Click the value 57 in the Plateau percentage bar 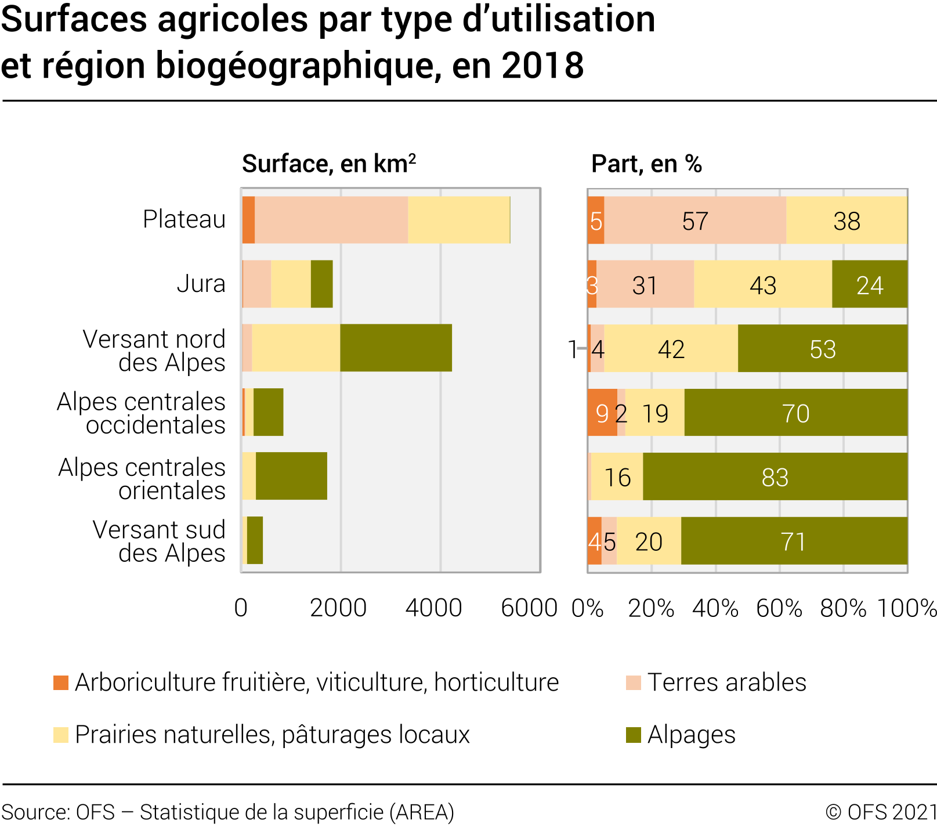point(694,221)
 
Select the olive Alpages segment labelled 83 point(775,477)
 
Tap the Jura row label point(201,284)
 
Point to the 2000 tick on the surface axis point(338,608)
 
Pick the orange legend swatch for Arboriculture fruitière point(61,682)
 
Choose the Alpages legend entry point(691,735)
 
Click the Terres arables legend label point(726,682)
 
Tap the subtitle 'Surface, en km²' point(328,164)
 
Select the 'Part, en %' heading point(646,164)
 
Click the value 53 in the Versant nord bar point(822,349)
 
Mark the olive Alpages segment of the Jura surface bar point(322,284)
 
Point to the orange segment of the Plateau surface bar point(249,220)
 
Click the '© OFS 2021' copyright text point(881,812)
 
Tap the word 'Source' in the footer point(34,812)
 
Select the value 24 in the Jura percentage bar point(869,286)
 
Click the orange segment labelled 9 point(602,413)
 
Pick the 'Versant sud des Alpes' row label point(158,541)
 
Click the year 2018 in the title point(543,65)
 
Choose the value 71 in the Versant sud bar point(793,541)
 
